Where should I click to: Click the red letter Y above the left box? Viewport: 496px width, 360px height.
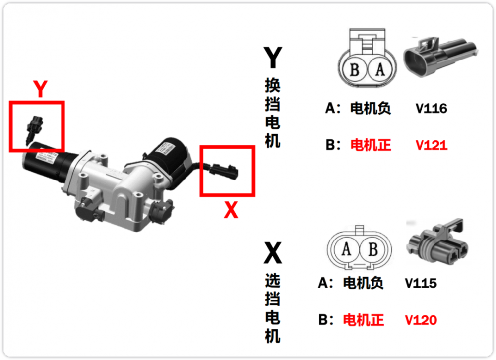(x=41, y=90)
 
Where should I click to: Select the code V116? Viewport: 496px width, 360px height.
(x=431, y=108)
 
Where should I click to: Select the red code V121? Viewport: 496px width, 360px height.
(x=431, y=145)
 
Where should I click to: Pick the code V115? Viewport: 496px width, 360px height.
(x=421, y=283)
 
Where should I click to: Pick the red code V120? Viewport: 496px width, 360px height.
(x=421, y=320)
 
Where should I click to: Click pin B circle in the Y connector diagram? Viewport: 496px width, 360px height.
(x=354, y=70)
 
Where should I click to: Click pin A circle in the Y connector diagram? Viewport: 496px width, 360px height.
(x=380, y=70)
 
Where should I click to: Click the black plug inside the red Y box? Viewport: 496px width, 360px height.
(x=35, y=126)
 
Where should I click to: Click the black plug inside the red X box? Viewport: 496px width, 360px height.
(x=224, y=171)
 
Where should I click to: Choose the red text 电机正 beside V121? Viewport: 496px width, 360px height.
(x=371, y=145)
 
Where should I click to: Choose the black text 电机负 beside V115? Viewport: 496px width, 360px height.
(x=363, y=283)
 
